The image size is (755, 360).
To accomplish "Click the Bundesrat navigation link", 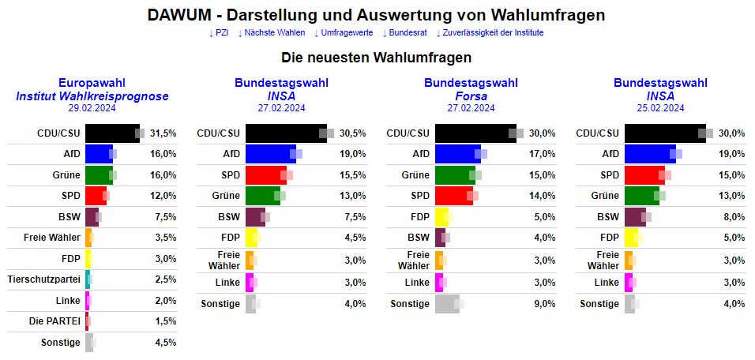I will tap(408, 32).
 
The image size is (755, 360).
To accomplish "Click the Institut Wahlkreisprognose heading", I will tap(92, 96).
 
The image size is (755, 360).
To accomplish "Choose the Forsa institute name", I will tap(471, 96).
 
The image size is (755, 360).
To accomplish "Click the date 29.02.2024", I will tap(92, 108).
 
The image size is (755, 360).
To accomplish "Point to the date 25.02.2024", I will tap(660, 108).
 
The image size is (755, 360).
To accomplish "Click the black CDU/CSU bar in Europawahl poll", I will tap(111, 133).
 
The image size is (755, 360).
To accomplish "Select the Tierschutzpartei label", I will tap(43, 279).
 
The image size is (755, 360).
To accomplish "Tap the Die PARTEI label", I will tap(54, 321).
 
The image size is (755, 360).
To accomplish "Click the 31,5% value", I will tap(163, 133).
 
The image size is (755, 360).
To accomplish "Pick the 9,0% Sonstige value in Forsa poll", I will tap(543, 304).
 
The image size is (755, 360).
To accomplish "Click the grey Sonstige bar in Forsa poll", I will tap(446, 304).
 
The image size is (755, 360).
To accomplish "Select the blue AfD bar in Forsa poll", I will tap(457, 154).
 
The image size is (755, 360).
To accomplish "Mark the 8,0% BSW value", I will tap(733, 217).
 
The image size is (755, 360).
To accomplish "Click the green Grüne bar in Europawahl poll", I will tap(99, 175).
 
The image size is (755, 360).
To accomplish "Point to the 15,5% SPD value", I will tap(353, 175).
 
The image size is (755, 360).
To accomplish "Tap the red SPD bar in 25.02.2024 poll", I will tap(644, 175).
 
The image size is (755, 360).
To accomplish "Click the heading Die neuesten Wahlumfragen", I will tap(377, 58).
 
